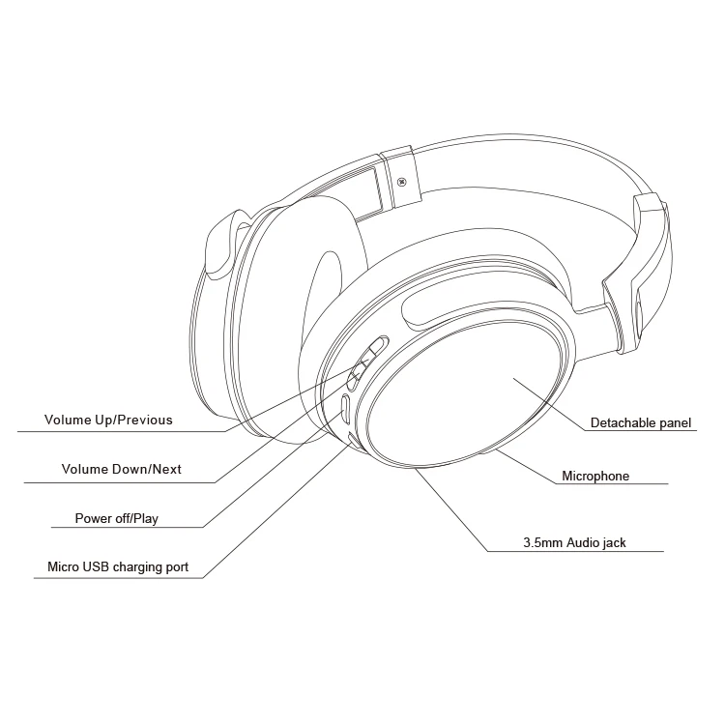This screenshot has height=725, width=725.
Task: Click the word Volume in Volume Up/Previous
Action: point(68,420)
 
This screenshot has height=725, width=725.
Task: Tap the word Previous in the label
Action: point(144,420)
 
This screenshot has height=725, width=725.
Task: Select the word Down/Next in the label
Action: point(148,470)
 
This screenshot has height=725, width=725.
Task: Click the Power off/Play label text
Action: point(116,519)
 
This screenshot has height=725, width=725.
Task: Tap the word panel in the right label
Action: point(677,422)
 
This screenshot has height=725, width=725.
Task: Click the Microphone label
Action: point(595,476)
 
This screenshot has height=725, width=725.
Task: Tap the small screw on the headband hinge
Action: point(400,181)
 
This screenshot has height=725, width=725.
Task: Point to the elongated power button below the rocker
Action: point(344,409)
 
